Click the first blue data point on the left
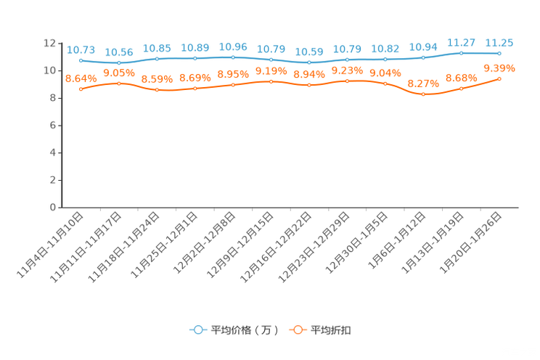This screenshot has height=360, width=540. click(81, 60)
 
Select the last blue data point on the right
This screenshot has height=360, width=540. click(499, 53)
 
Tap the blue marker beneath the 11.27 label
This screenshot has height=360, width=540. click(462, 53)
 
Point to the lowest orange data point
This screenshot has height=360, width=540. click(424, 94)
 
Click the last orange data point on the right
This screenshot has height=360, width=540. click(499, 78)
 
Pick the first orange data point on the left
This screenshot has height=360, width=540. click(81, 89)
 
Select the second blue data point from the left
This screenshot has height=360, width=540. click(119, 63)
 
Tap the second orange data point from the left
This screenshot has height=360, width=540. click(119, 83)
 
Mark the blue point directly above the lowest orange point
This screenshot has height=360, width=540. click(424, 57)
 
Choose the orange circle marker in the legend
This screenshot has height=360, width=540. click(298, 330)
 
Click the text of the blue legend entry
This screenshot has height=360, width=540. click(244, 330)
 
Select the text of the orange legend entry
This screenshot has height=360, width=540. click(332, 330)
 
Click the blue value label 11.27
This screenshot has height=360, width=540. click(462, 43)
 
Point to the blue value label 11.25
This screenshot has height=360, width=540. click(499, 43)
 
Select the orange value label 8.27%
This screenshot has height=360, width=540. click(424, 83)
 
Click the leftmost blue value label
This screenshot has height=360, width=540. click(81, 49)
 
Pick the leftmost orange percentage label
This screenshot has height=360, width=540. click(81, 78)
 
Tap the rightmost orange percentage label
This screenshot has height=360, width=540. click(499, 67)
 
